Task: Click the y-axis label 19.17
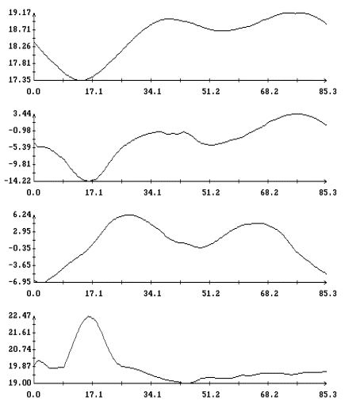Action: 20,13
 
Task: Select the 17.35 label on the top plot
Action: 20,80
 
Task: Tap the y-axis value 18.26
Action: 20,46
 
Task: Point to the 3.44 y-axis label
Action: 22,113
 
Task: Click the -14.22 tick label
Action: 17,181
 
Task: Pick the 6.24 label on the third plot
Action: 22,215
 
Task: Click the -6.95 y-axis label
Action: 20,282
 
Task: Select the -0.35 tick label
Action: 20,248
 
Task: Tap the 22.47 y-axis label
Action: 20,315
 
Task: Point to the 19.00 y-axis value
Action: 20,383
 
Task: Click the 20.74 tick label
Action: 20,349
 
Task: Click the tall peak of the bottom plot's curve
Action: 89,316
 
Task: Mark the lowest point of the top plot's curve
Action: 81,80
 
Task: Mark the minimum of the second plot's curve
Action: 89,181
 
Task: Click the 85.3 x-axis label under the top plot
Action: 327,92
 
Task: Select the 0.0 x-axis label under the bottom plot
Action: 33,394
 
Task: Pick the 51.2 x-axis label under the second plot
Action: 211,192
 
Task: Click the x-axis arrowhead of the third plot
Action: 325,282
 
